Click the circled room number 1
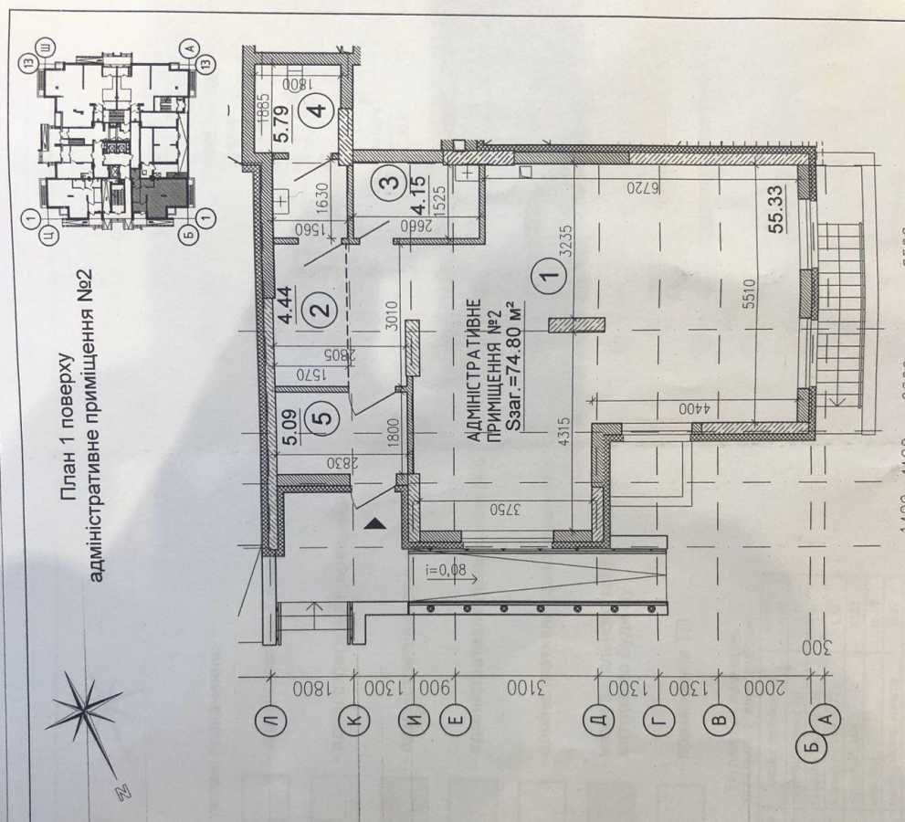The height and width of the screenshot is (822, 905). [x=547, y=270]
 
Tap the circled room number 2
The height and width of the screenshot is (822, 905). [x=321, y=311]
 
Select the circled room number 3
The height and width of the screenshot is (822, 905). [x=390, y=183]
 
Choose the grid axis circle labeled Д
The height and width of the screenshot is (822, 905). [x=598, y=720]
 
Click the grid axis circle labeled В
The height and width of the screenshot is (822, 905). [x=720, y=720]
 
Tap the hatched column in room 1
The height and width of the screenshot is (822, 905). [x=577, y=324]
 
